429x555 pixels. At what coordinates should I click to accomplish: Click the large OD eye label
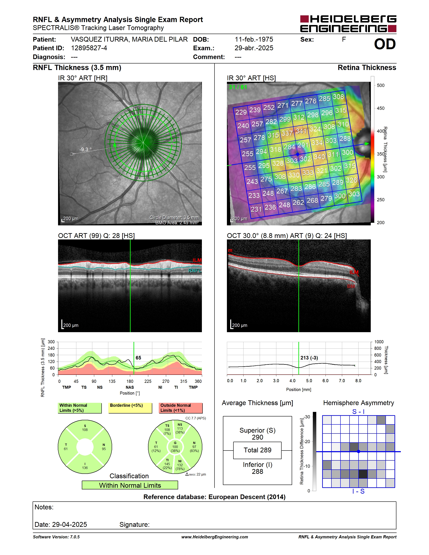click(x=385, y=44)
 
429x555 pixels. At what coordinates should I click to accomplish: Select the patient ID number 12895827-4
click(x=89, y=48)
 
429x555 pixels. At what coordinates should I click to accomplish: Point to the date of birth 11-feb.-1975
click(x=254, y=39)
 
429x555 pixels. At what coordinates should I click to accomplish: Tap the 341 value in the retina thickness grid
click(x=301, y=131)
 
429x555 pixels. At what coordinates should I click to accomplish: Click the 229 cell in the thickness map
click(x=241, y=112)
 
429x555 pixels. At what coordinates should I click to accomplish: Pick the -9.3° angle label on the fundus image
click(x=85, y=149)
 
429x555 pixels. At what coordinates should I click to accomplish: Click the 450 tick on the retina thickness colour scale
click(x=380, y=108)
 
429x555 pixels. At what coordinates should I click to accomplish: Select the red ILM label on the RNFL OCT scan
click(x=197, y=260)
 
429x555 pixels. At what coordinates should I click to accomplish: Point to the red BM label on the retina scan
click(x=351, y=286)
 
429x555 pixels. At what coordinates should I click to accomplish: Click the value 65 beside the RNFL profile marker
click(x=138, y=358)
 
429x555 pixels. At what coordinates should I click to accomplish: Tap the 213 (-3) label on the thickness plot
click(x=309, y=358)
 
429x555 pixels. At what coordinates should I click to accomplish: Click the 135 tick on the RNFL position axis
click(x=112, y=381)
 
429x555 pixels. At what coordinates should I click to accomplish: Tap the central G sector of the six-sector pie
click(x=175, y=447)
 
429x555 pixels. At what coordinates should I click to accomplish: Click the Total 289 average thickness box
click(x=257, y=450)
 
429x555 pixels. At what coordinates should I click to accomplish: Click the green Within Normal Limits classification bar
click(x=130, y=485)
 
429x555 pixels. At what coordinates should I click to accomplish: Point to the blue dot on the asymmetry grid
click(x=358, y=452)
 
